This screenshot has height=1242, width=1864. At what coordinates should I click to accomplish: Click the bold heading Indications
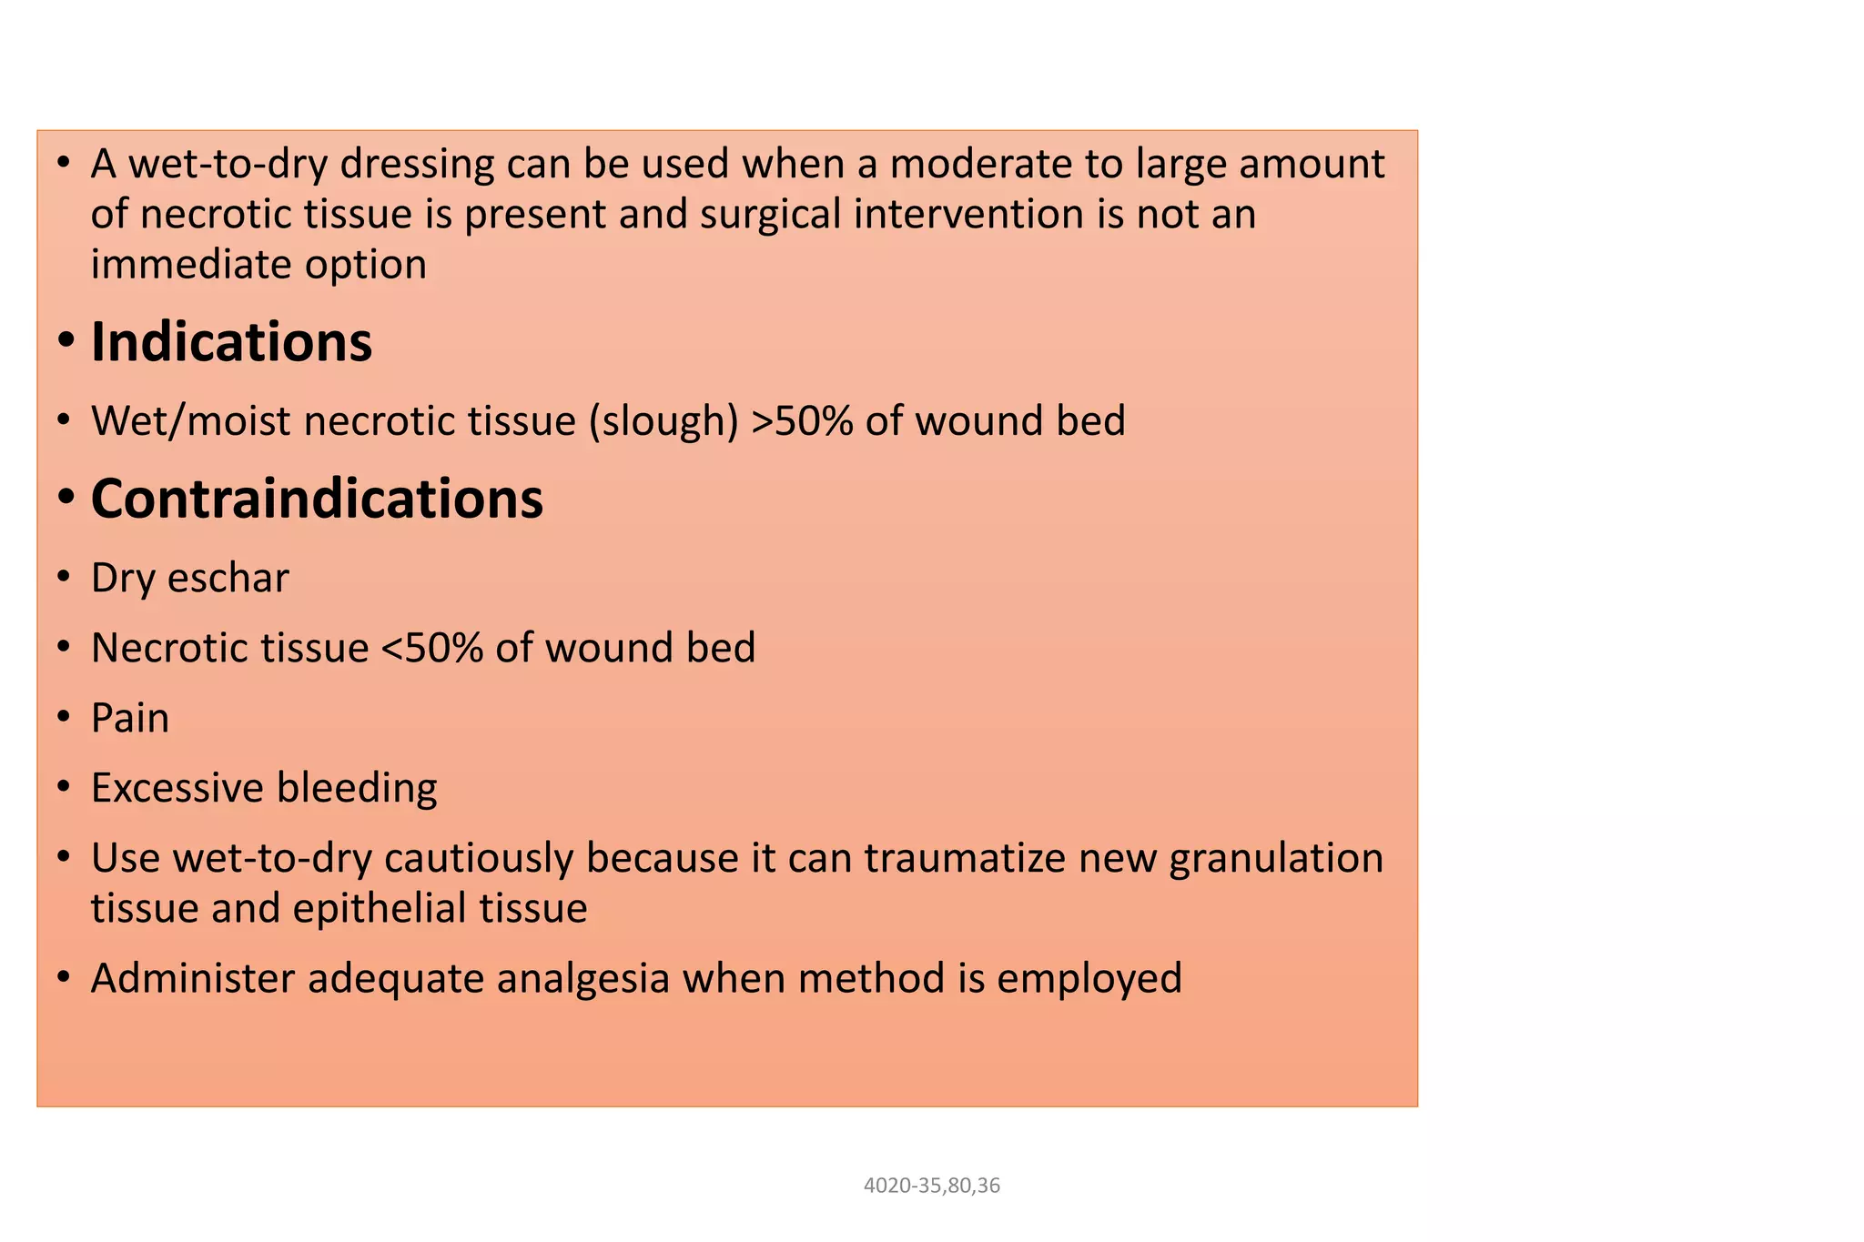click(x=231, y=343)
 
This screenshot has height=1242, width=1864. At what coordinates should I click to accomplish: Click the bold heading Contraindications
click(x=317, y=500)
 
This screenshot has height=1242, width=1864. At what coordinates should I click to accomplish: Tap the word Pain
click(x=130, y=718)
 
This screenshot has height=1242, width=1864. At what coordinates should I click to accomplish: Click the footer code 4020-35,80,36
click(x=931, y=1186)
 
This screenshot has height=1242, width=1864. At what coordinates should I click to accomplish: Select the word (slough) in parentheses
click(x=664, y=421)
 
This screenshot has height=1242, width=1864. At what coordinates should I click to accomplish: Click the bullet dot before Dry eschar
click(x=63, y=578)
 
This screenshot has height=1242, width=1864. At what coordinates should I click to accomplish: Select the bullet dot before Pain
click(x=63, y=718)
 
